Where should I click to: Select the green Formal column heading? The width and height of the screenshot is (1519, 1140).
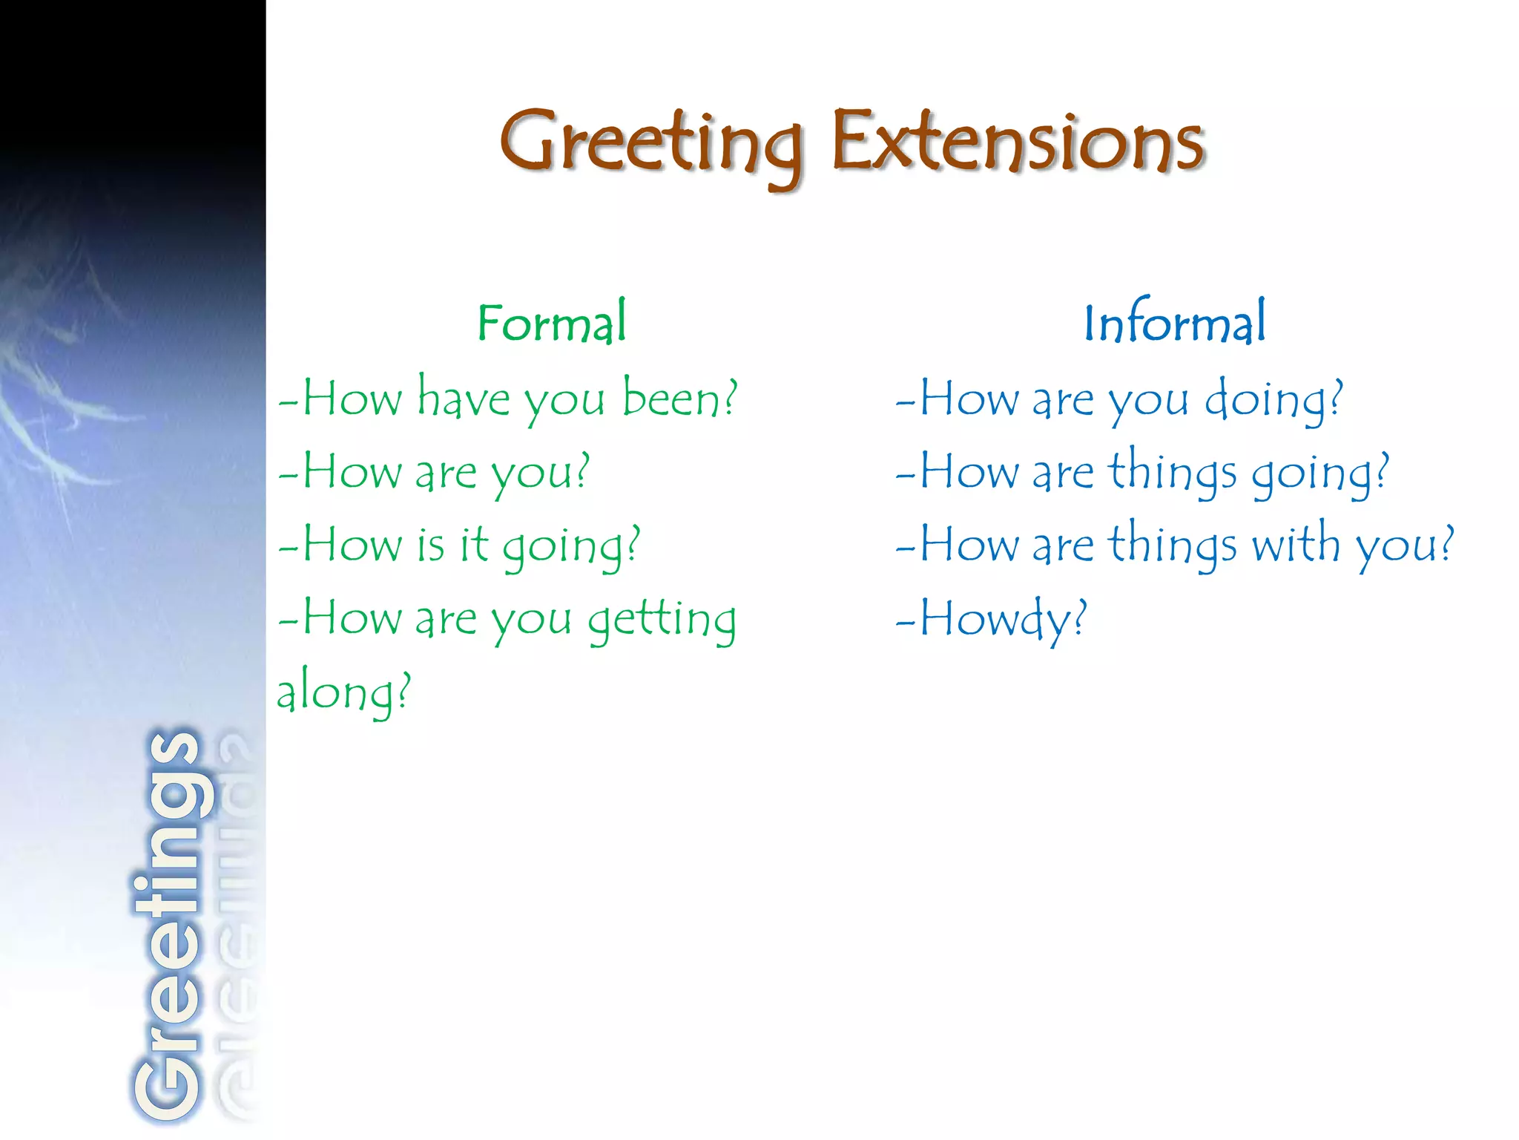pyautogui.click(x=552, y=324)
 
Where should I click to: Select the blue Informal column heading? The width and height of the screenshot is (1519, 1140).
pyautogui.click(x=1174, y=324)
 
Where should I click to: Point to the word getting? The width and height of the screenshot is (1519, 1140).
pyautogui.click(x=662, y=620)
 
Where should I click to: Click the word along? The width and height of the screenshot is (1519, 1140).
pyautogui.click(x=337, y=692)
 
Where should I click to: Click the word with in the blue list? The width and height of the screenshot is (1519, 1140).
pyautogui.click(x=1296, y=545)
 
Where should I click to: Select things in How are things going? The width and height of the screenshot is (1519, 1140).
pyautogui.click(x=1172, y=473)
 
